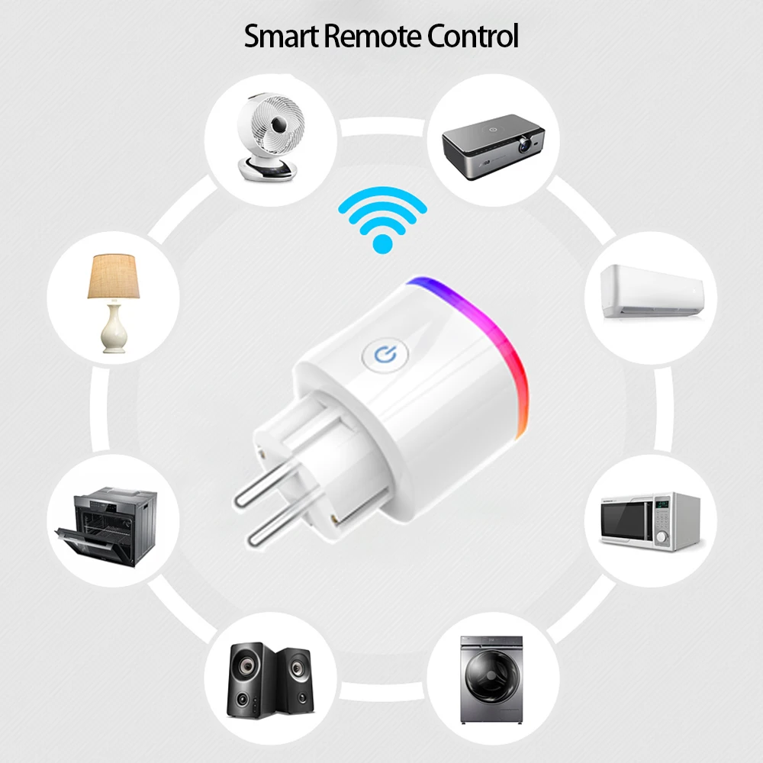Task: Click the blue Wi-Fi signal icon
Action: pyautogui.click(x=382, y=221)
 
